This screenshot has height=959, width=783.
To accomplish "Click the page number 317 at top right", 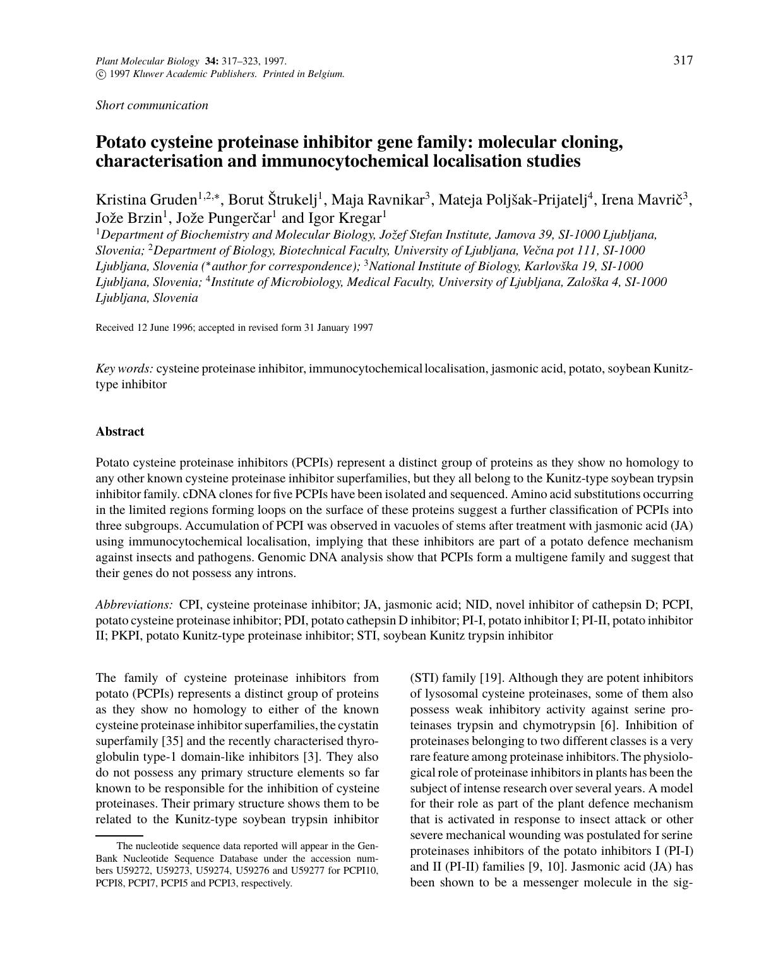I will point(683,61).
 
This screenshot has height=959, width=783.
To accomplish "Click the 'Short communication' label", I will point(152,105).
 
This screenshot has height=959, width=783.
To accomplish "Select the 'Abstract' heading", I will point(120,432).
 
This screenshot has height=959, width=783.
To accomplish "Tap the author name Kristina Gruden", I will point(146,200).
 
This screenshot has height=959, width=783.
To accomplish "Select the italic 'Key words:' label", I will point(124,368).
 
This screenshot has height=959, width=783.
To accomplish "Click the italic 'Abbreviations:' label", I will point(134,605).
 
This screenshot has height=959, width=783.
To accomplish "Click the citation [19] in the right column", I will point(490,678).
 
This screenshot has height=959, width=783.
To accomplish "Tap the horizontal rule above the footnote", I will point(119,836).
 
